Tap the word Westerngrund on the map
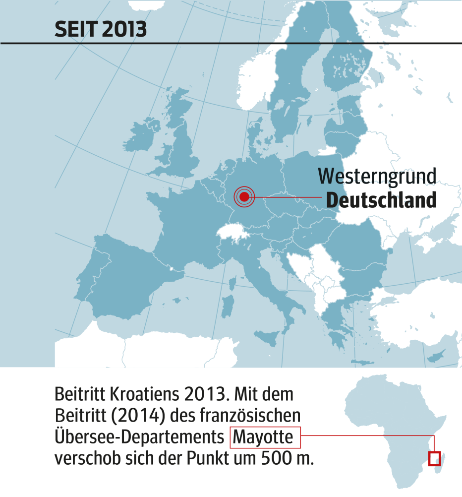pos(377,177)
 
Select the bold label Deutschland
pos(381,200)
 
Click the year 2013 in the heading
pos(124,30)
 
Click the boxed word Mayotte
pos(265,437)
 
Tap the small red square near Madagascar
pos(434,458)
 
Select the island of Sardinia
pos(229,304)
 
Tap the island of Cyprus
pos(435,356)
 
